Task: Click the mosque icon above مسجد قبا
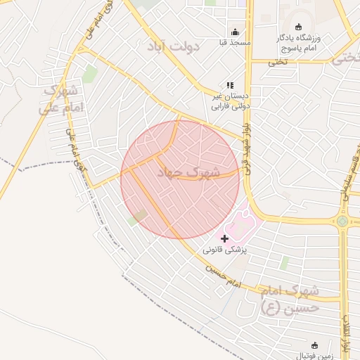click(x=235, y=32)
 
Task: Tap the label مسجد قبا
click(x=235, y=43)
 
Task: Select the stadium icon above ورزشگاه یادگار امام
click(x=298, y=27)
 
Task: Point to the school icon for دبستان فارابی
click(x=230, y=85)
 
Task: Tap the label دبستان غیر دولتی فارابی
click(x=231, y=101)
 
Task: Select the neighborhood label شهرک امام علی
click(x=62, y=99)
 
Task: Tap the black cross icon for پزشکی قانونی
click(x=224, y=238)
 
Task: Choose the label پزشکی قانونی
click(x=224, y=250)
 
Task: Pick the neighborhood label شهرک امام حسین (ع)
click(x=289, y=299)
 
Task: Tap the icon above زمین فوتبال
click(x=314, y=345)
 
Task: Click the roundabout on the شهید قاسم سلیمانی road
click(x=342, y=221)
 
